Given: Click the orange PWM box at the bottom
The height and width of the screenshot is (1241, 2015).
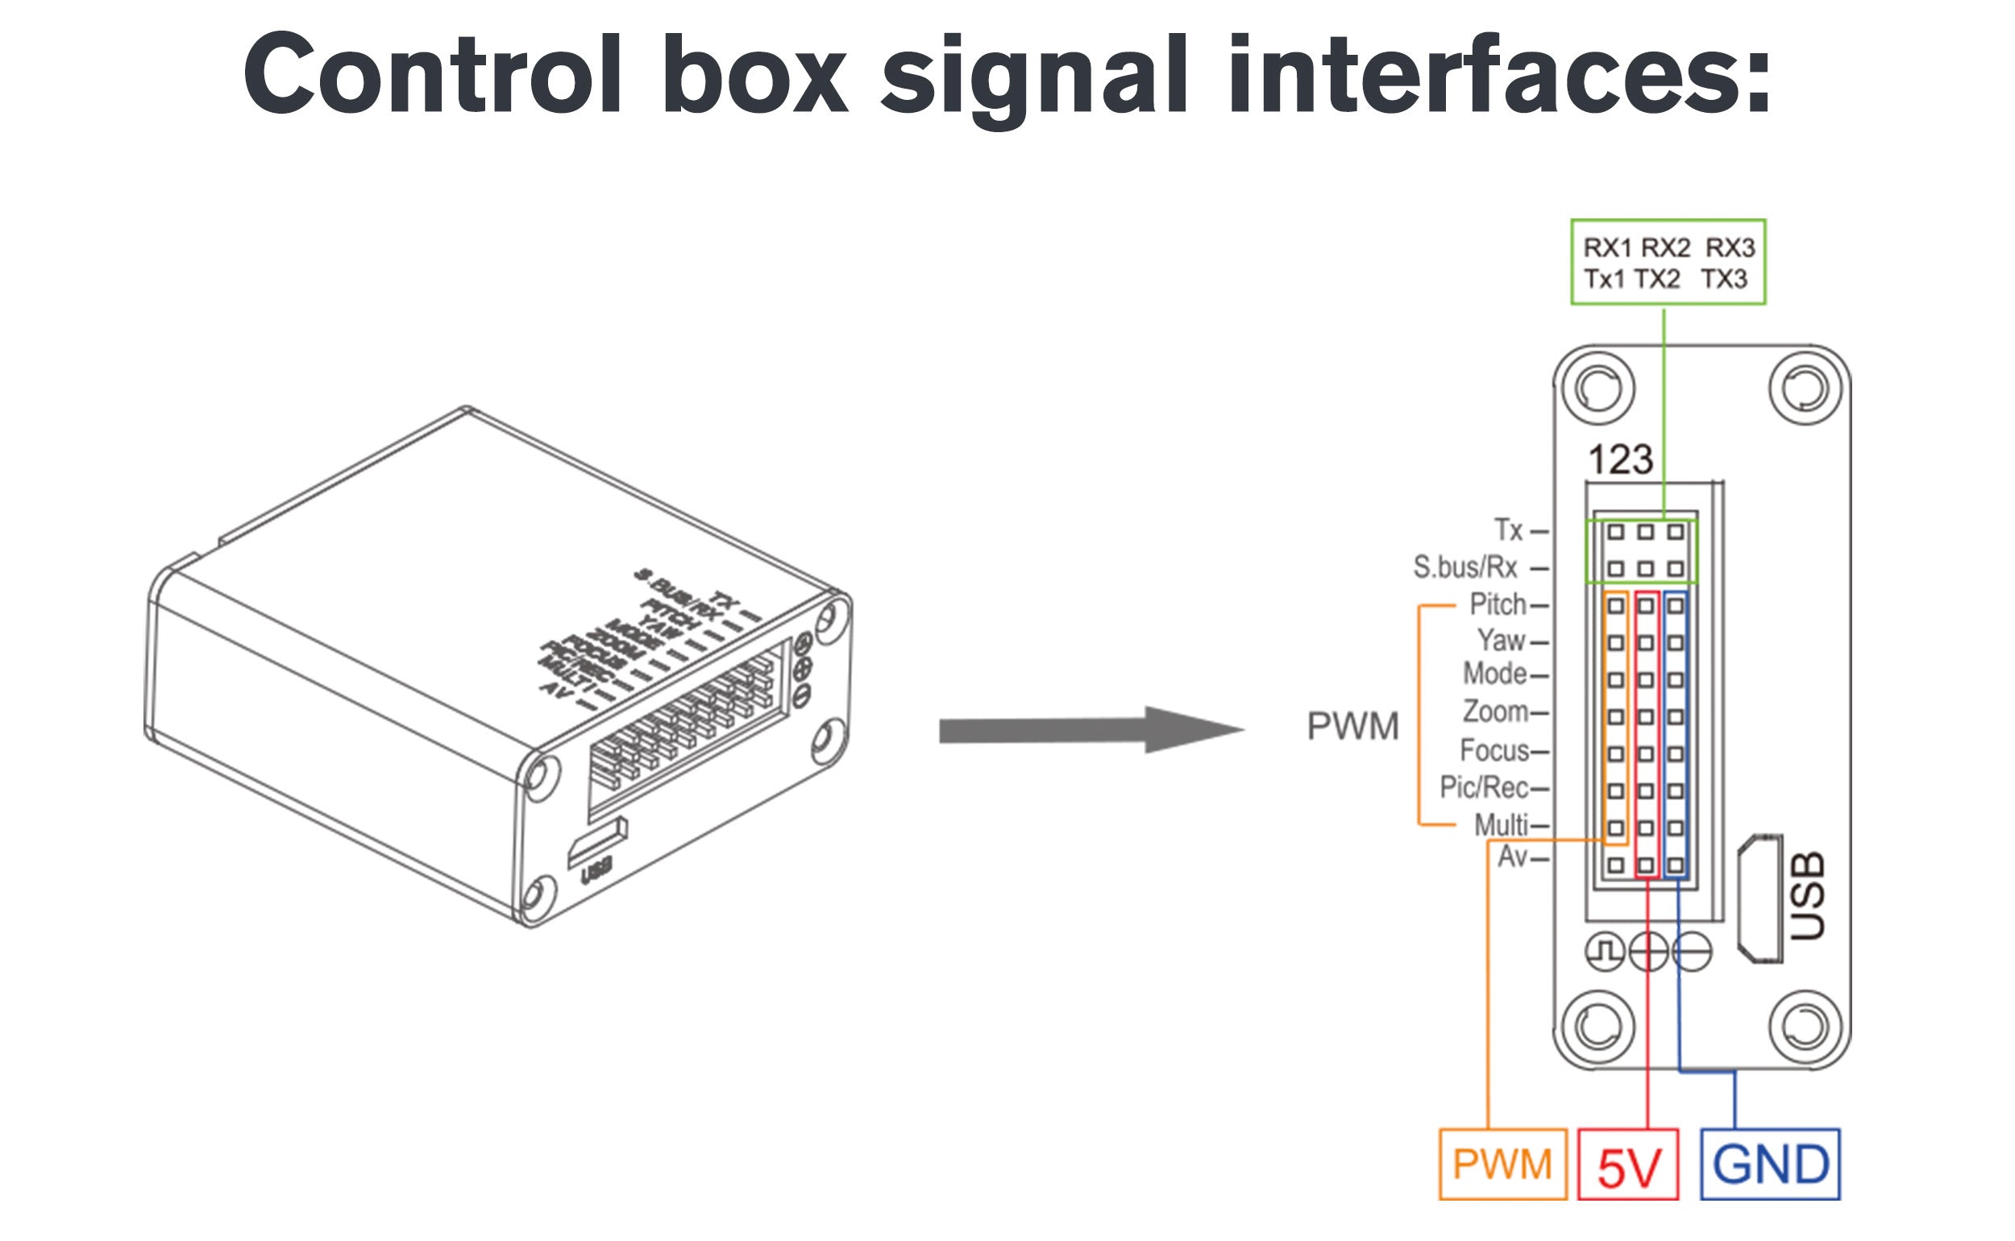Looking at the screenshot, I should click(x=1503, y=1164).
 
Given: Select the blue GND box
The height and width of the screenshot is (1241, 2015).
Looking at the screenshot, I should click(x=1771, y=1164).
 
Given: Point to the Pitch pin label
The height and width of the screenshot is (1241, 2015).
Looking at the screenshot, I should click(x=1497, y=605).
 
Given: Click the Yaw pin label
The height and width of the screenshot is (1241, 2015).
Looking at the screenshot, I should click(x=1501, y=640).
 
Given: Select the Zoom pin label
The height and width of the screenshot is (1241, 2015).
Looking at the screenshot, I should click(x=1494, y=712).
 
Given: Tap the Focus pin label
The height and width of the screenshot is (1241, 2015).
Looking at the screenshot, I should click(x=1494, y=750).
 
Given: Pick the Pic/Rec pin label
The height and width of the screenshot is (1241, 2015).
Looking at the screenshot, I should click(x=1484, y=788).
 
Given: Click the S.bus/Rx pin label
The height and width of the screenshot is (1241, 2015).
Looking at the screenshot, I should click(x=1465, y=567).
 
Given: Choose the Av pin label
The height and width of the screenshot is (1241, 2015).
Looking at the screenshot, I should click(x=1513, y=857).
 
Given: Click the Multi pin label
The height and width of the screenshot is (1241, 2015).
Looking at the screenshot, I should click(x=1501, y=825).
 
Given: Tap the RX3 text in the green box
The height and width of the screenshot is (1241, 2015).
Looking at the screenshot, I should click(x=1730, y=247).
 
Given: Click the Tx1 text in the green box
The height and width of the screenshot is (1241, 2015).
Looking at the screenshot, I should click(x=1604, y=280).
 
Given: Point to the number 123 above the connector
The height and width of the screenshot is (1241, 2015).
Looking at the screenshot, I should click(x=1620, y=459).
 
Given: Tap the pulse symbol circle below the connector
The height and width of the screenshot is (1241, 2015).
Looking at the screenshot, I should click(x=1606, y=952).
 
